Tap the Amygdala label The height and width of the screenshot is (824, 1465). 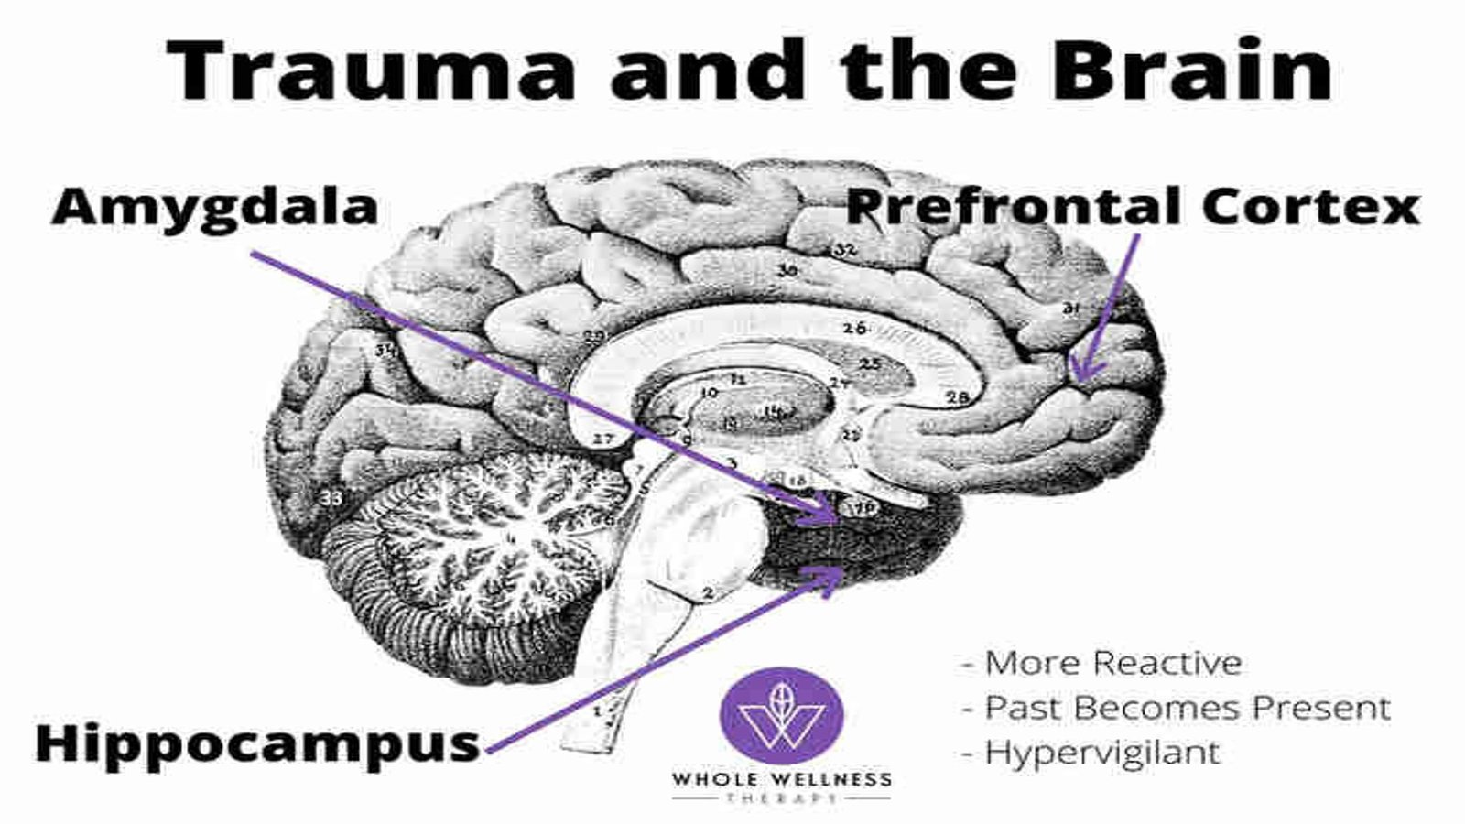(215, 206)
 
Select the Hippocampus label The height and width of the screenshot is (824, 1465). (257, 743)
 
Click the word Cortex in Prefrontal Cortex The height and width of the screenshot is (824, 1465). (1310, 206)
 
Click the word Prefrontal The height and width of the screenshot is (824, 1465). (1014, 206)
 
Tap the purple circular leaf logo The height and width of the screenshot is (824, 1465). (781, 715)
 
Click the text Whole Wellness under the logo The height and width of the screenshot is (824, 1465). (781, 780)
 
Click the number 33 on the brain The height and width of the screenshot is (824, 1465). (331, 498)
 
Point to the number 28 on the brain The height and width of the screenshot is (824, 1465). (958, 397)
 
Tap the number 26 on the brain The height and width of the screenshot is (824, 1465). (854, 328)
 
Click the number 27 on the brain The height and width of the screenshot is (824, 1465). (602, 439)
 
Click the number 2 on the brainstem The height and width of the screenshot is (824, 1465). (707, 593)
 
